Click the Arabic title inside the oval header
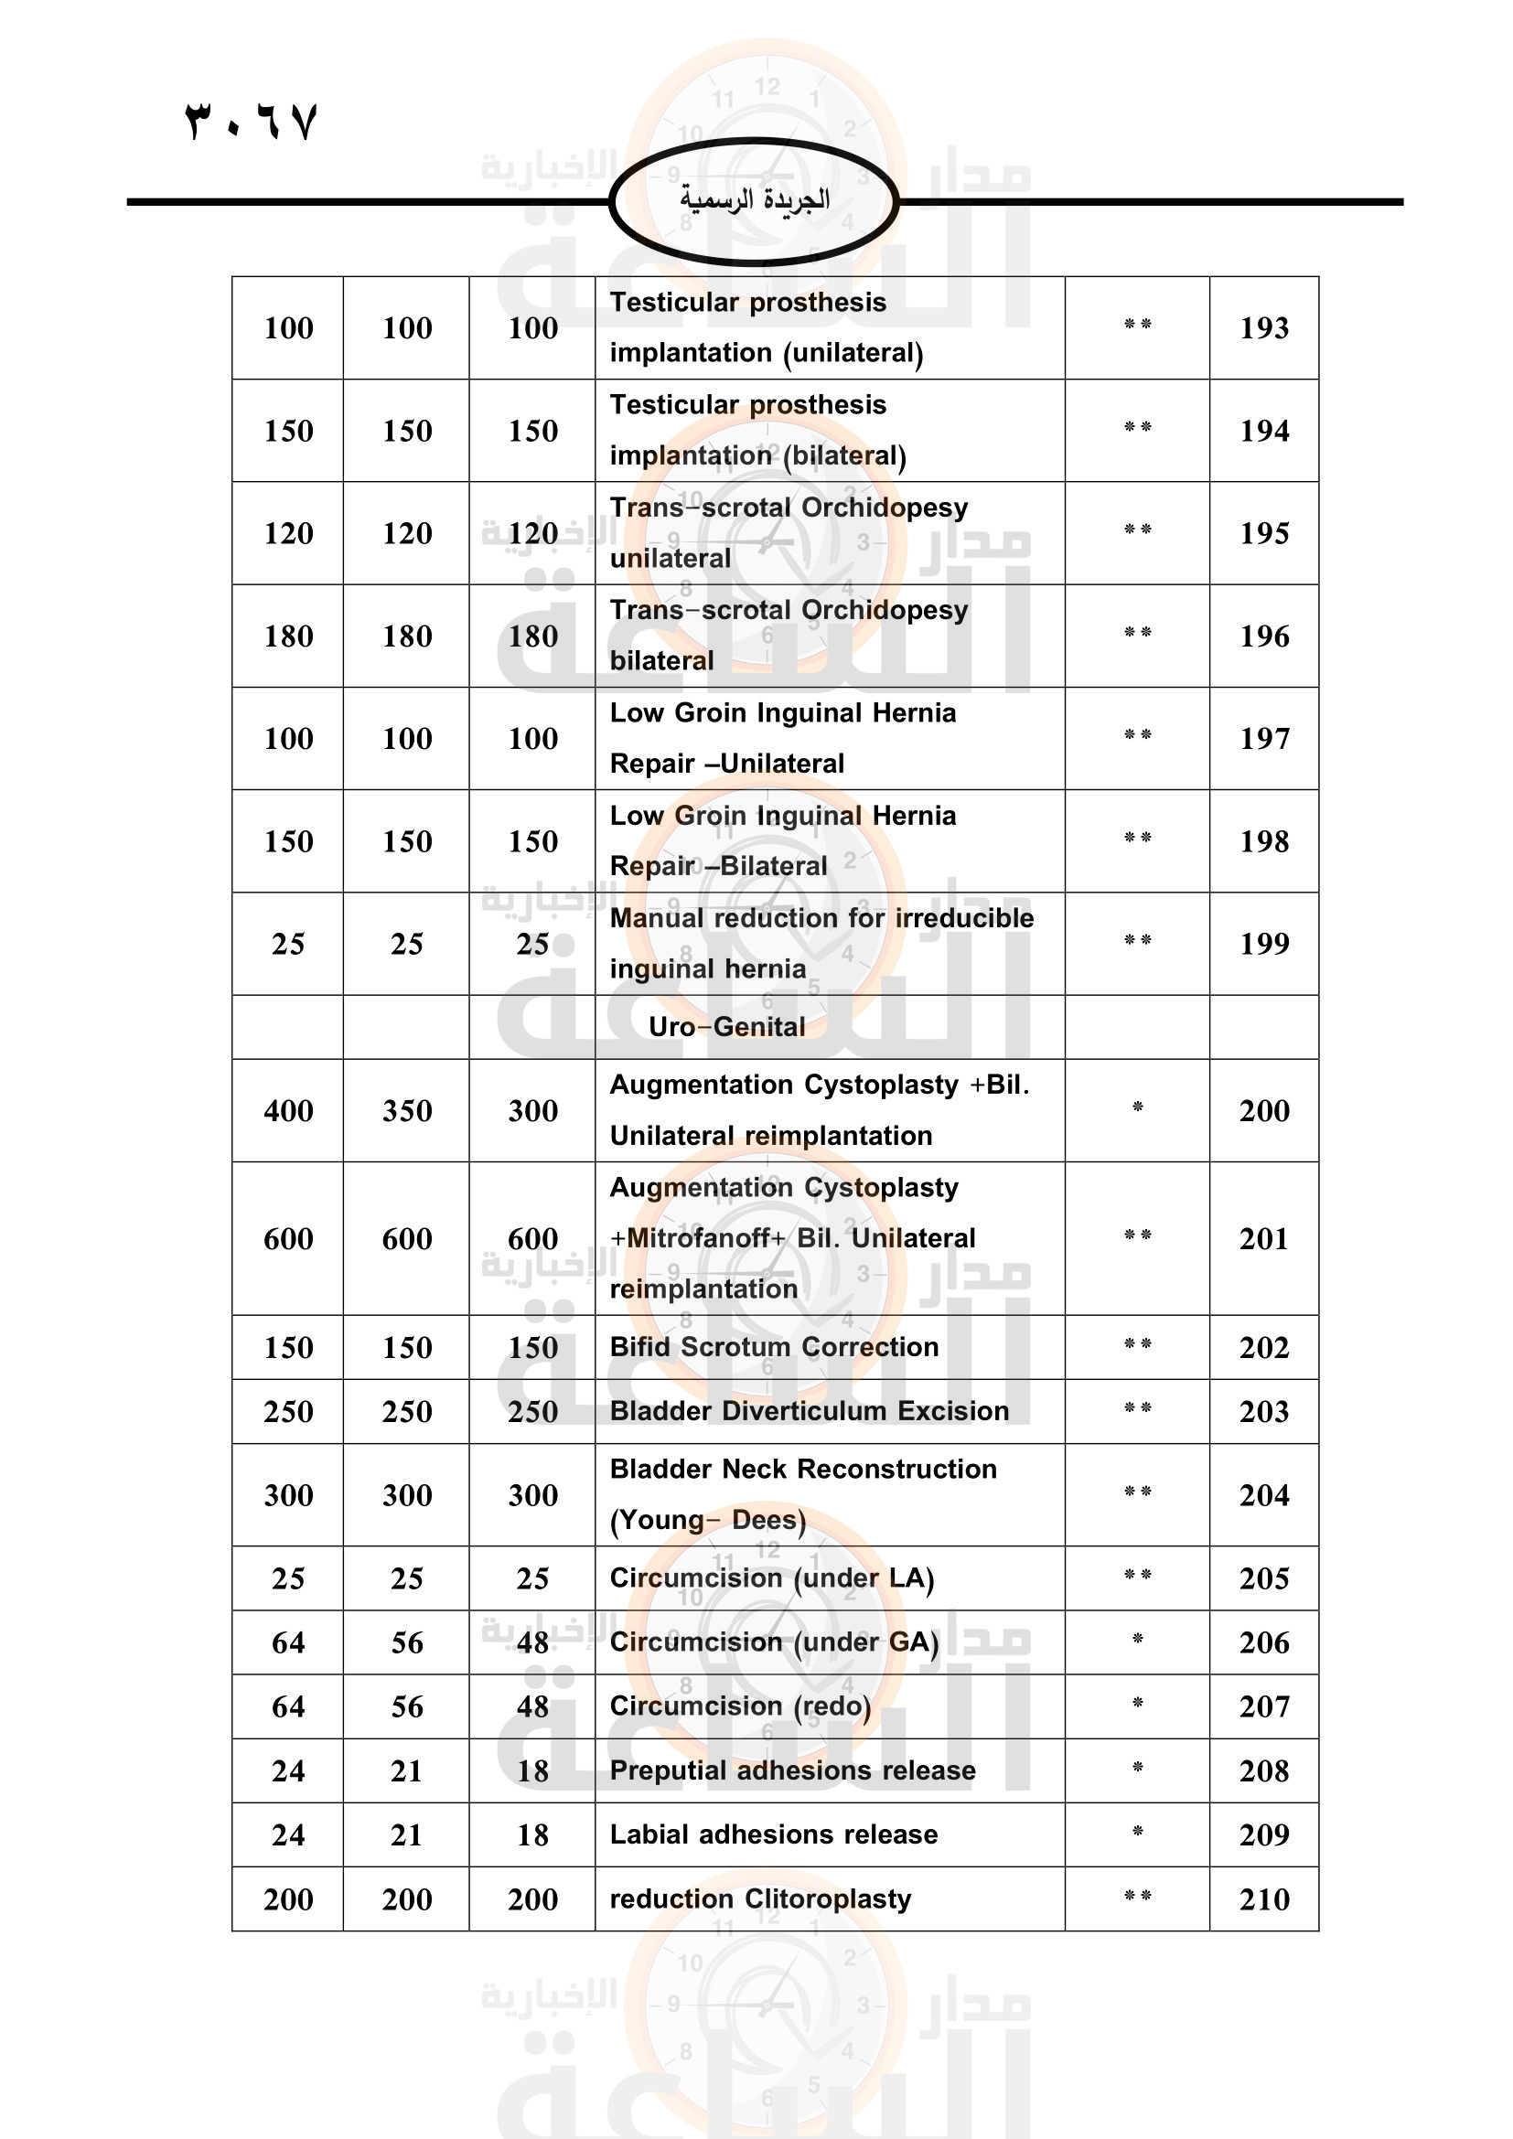point(755,199)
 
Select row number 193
point(1263,328)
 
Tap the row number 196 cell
point(1263,636)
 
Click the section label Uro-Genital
point(726,1027)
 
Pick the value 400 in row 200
point(288,1110)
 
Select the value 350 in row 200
point(407,1110)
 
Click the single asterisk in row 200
point(1137,1107)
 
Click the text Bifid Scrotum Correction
point(774,1347)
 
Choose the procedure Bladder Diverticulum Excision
point(810,1411)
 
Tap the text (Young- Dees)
point(708,1521)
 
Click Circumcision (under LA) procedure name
point(771,1578)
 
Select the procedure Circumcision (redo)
point(741,1706)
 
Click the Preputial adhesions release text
point(793,1770)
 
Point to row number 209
point(1263,1834)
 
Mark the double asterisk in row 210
point(1137,1897)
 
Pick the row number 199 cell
point(1263,944)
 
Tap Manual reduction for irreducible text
point(821,918)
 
